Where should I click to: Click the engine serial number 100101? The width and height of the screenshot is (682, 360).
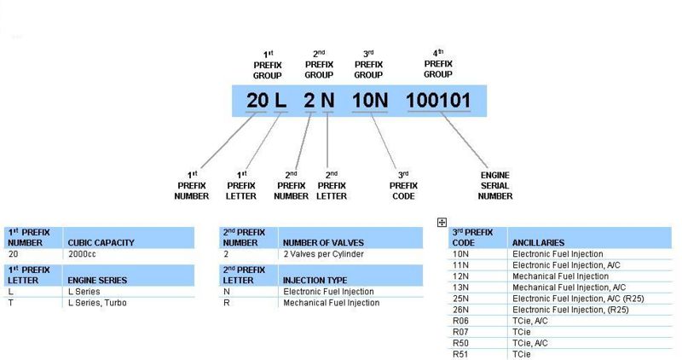(438, 101)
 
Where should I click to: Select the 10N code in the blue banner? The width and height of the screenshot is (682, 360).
(369, 101)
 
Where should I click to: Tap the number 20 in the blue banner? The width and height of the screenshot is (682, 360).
(257, 101)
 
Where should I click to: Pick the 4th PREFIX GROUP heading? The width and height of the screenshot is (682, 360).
(438, 63)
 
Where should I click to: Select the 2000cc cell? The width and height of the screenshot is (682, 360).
(83, 254)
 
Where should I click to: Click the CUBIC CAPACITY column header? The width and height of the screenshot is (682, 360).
(101, 243)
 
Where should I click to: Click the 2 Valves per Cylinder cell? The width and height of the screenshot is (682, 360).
(323, 254)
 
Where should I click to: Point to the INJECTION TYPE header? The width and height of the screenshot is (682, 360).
(315, 280)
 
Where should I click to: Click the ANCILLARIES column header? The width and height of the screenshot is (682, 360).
(538, 243)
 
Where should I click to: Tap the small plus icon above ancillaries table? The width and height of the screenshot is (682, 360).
(442, 223)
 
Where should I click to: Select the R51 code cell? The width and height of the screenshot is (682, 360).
(460, 354)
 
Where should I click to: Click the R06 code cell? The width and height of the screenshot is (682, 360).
(460, 321)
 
